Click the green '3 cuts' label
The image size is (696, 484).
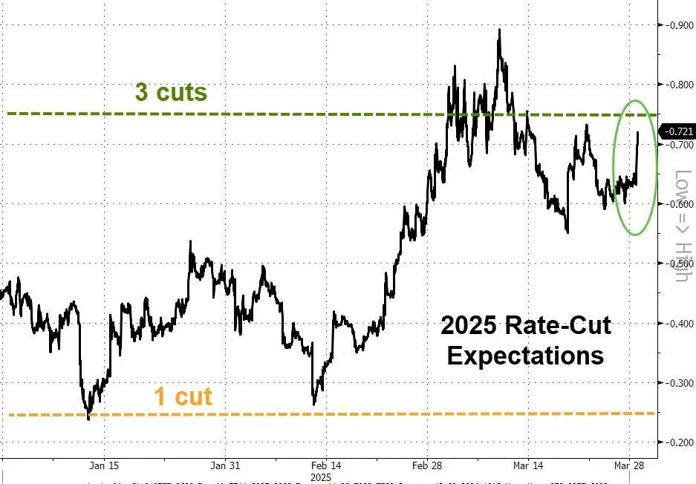[x=171, y=93]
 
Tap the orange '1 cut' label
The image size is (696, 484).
[x=183, y=396]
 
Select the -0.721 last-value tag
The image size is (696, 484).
[x=679, y=131]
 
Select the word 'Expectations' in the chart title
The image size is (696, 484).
[x=525, y=355]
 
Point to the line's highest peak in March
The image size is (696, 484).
[x=499, y=30]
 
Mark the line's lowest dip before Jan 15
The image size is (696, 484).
[x=88, y=419]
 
